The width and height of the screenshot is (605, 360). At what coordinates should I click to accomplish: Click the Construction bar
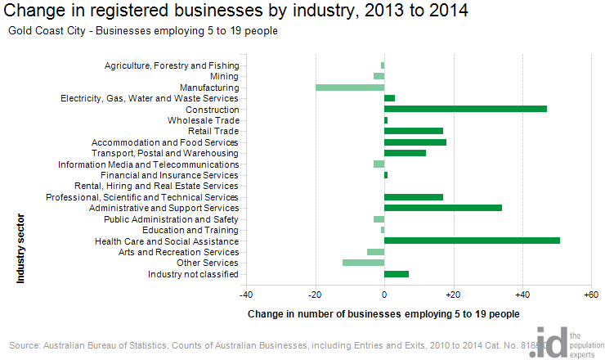[465, 109]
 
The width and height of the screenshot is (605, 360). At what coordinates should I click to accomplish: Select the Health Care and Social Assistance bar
[472, 241]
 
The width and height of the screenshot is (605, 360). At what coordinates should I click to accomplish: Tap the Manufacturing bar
[349, 87]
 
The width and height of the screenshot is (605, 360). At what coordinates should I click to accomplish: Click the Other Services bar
[363, 263]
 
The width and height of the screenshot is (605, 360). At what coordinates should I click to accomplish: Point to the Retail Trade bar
[413, 131]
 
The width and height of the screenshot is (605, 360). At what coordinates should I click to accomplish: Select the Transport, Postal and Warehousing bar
[405, 153]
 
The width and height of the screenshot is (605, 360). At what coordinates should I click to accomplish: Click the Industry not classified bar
[396, 274]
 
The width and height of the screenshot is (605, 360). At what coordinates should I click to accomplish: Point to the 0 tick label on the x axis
[384, 295]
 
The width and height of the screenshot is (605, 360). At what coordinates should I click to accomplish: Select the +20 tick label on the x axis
[452, 295]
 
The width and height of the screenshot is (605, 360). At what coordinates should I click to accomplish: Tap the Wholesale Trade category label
[204, 120]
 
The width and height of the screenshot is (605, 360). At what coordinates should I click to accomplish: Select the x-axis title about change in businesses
[383, 313]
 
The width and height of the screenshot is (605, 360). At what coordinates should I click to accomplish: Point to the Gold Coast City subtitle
[143, 31]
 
